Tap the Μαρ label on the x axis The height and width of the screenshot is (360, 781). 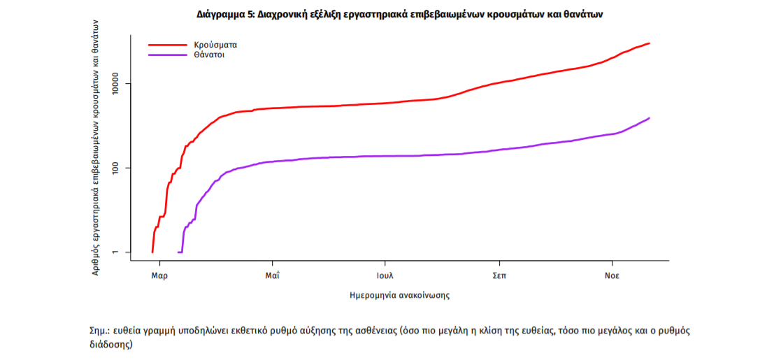tap(159, 275)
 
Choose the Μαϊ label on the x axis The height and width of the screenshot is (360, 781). tap(273, 275)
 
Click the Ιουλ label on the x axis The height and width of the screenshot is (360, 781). tap(385, 275)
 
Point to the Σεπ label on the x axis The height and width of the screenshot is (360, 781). tap(499, 275)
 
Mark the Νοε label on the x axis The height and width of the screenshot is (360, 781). tap(612, 275)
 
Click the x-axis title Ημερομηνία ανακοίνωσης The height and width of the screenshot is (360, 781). tap(399, 295)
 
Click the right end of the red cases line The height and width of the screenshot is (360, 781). tap(650, 43)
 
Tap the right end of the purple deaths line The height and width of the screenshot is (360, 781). tap(650, 118)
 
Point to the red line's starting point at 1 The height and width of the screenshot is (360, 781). tap(152, 252)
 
